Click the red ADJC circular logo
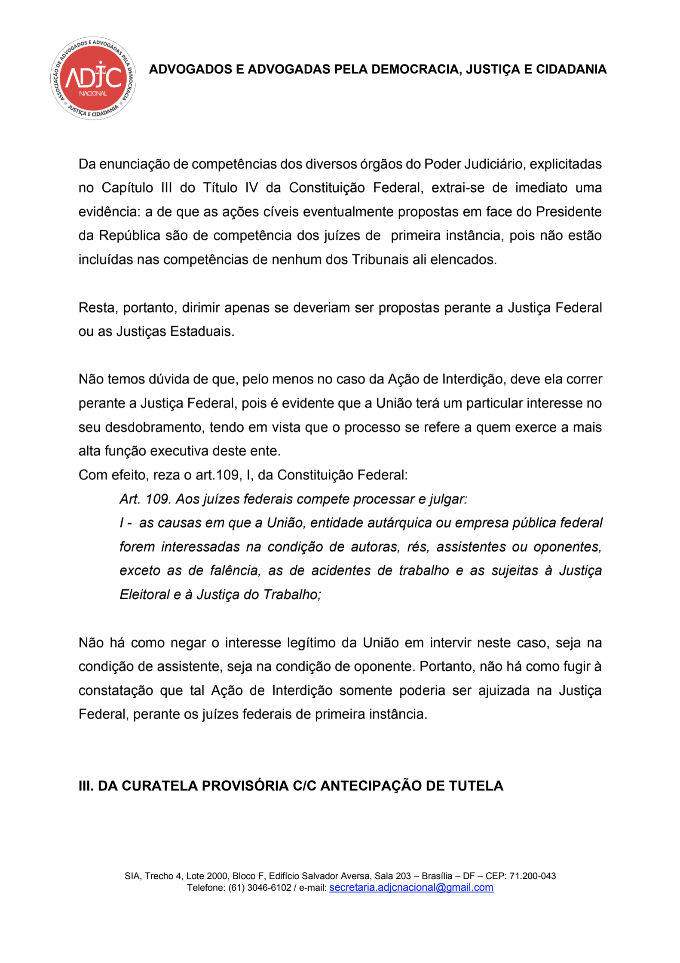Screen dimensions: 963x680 [93, 78]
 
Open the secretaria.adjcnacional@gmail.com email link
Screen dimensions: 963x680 [411, 887]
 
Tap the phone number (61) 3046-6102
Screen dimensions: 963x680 [260, 888]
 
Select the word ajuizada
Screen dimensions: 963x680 [504, 690]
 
